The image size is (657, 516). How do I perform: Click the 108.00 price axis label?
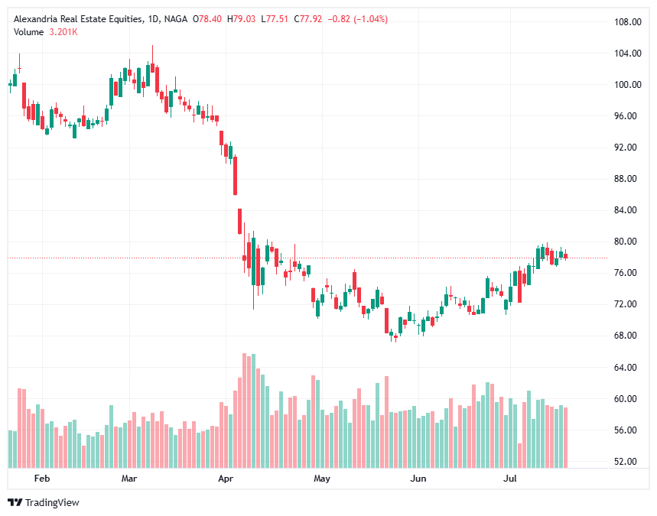pyautogui.click(x=628, y=21)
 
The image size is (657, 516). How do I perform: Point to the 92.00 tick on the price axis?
pyautogui.click(x=628, y=148)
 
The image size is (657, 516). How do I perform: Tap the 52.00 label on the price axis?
pyautogui.click(x=628, y=462)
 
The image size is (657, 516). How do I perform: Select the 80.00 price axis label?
pyautogui.click(x=628, y=242)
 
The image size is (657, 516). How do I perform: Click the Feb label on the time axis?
pyautogui.click(x=42, y=479)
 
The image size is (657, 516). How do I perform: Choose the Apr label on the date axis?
pyautogui.click(x=225, y=479)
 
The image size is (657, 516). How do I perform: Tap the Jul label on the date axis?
pyautogui.click(x=510, y=479)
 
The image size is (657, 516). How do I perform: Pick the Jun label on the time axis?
pyautogui.click(x=418, y=479)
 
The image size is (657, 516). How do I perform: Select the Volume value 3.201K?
pyautogui.click(x=64, y=31)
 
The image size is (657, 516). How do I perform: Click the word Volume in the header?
pyautogui.click(x=29, y=31)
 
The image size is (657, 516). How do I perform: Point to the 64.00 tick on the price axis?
pyautogui.click(x=628, y=368)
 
